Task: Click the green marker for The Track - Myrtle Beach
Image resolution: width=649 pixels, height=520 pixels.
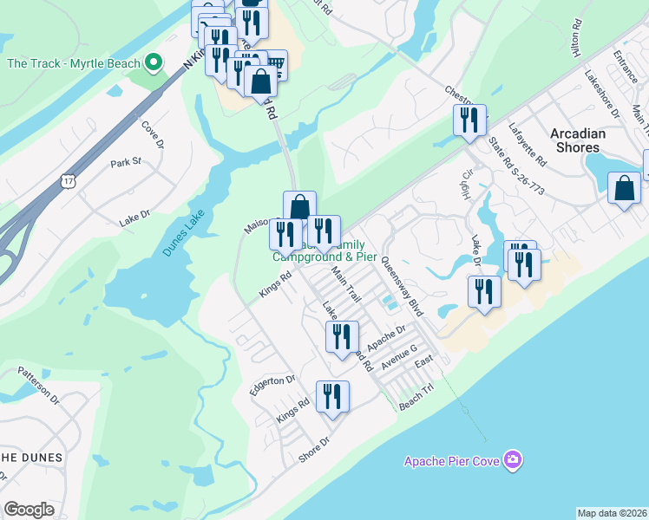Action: tap(154, 62)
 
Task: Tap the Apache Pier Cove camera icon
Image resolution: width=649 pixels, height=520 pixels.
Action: tap(514, 459)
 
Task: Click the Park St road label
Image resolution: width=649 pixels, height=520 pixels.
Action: tap(125, 162)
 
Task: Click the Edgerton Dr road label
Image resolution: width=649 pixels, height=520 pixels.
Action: tap(272, 385)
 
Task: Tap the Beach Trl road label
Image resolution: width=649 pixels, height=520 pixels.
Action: tap(415, 400)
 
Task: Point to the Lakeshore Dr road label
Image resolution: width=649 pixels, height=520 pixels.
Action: tap(602, 94)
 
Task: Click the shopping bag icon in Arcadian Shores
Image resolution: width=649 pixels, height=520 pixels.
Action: tap(624, 187)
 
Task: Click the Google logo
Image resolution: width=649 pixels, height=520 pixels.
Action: tap(29, 510)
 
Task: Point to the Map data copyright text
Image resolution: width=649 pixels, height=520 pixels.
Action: tap(612, 513)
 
